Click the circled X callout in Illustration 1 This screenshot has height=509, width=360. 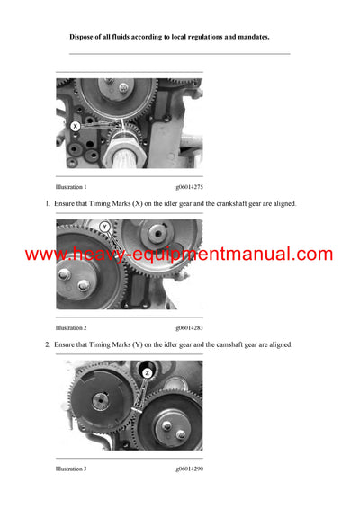coord(76,127)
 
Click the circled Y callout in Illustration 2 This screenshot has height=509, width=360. coord(105,227)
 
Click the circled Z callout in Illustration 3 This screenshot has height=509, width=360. coord(147,371)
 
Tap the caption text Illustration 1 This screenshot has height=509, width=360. coord(71,187)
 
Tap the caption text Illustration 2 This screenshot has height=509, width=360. coord(71,328)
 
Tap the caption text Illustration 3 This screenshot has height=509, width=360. coord(71,469)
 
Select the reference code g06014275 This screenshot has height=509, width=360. coord(189,187)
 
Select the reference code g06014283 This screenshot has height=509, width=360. coord(189,328)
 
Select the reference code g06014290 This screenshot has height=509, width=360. coord(189,469)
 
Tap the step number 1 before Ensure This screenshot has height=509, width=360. coord(47,204)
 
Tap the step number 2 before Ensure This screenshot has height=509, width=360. coord(47,345)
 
